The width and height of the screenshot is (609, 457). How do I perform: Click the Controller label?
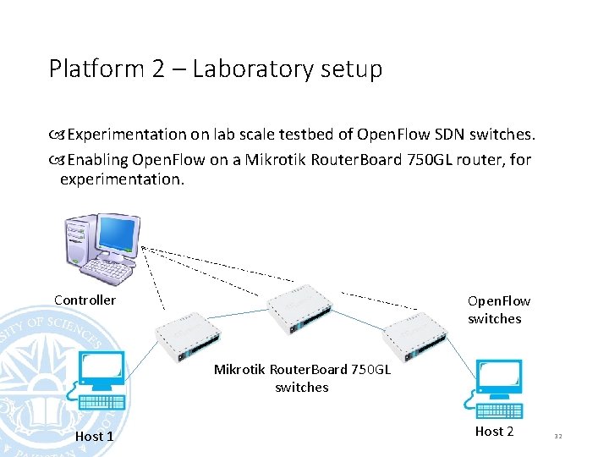pos(85,300)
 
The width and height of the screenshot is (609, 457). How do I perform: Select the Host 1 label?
pos(94,436)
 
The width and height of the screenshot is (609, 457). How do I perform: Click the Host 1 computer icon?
pos(101,382)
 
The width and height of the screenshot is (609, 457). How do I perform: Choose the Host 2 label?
pos(494,432)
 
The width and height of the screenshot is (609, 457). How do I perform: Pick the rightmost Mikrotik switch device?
pos(414,333)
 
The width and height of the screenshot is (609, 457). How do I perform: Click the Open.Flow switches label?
pos(498,310)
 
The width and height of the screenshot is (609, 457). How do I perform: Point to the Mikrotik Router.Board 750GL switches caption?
pos(302,378)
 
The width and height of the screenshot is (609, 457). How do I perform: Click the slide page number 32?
pos(557,436)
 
